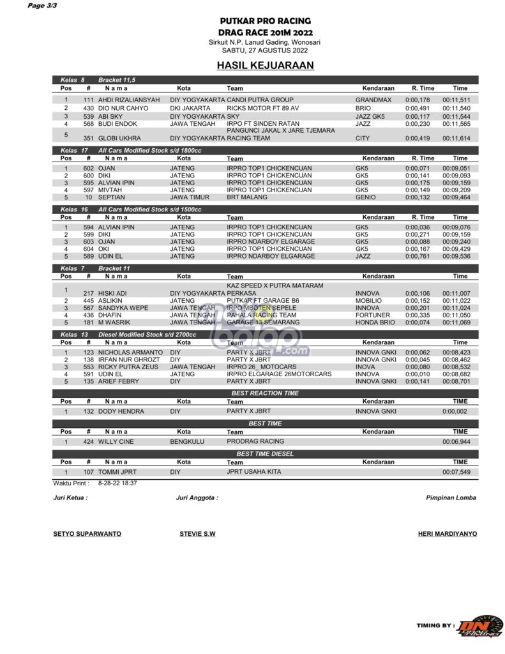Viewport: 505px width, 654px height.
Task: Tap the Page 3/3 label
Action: (x=42, y=6)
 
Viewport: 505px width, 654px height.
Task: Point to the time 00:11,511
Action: (x=456, y=100)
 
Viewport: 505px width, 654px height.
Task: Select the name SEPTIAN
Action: (x=112, y=198)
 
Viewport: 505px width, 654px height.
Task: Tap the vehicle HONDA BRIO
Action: (x=375, y=323)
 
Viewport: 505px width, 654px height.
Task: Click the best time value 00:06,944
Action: (x=456, y=441)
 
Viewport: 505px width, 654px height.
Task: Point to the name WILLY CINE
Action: (x=116, y=441)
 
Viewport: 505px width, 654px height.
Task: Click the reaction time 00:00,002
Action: (x=456, y=411)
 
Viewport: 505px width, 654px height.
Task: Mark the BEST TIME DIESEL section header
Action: (x=264, y=454)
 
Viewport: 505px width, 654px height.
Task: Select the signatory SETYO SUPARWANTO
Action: (x=87, y=533)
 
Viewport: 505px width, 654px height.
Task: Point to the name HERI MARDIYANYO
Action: (x=447, y=533)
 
